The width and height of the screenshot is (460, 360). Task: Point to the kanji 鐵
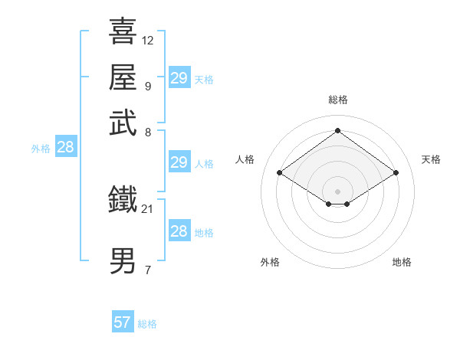pos(123,199)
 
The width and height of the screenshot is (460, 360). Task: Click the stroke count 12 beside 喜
pos(148,40)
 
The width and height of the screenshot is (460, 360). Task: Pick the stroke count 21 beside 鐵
pos(148,208)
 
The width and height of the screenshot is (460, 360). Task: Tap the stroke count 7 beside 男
pos(147,270)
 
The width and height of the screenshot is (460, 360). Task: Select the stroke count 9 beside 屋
pos(147,86)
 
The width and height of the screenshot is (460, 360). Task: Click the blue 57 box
pos(123,322)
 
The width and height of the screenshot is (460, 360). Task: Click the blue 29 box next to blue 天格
pos(179,78)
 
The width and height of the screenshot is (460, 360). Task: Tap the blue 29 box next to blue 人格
pos(179,162)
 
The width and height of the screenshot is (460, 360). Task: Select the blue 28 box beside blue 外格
pos(65,148)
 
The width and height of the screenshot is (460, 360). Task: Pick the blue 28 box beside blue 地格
pos(179,231)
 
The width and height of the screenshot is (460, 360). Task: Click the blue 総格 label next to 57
pos(147,324)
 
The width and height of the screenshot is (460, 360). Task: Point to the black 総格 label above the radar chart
pos(337,100)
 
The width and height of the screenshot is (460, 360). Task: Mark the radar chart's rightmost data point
pos(396,173)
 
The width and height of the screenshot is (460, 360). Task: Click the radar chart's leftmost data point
pos(279,173)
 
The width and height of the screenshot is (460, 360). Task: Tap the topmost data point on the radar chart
pos(337,130)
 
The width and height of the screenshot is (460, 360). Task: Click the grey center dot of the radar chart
pos(337,191)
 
